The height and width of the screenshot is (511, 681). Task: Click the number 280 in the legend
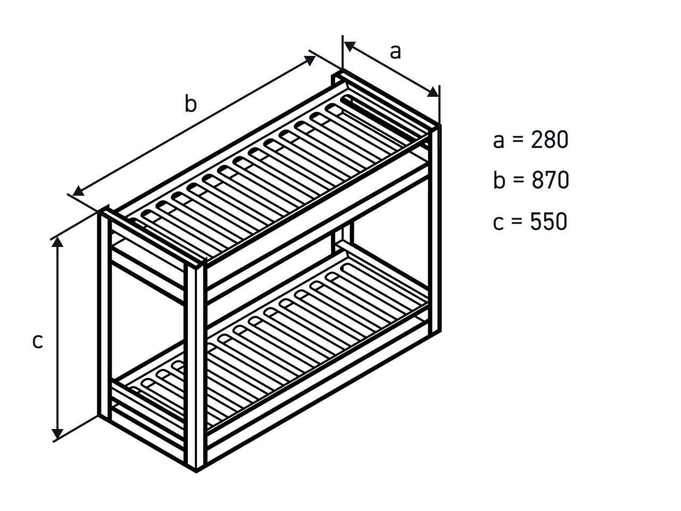click(x=550, y=139)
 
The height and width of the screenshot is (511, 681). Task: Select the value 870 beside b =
click(x=550, y=180)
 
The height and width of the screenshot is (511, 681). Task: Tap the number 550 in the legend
click(x=549, y=221)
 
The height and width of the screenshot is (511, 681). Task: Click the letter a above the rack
click(x=395, y=52)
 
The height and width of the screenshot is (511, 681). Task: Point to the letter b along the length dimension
click(x=190, y=103)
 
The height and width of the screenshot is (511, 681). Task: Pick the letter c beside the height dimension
click(x=38, y=342)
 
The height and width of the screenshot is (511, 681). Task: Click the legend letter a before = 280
click(x=499, y=142)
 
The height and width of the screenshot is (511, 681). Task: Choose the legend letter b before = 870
click(x=499, y=180)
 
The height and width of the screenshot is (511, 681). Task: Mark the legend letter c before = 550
click(x=499, y=224)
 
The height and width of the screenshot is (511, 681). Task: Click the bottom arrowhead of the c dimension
click(x=57, y=434)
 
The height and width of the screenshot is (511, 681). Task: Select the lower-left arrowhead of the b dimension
click(x=78, y=191)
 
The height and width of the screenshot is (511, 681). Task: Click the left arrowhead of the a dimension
click(x=349, y=46)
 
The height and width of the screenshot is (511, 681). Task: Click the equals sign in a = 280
click(x=518, y=139)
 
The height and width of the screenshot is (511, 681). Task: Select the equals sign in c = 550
click(x=517, y=222)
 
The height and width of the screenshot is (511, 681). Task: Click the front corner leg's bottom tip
click(x=196, y=472)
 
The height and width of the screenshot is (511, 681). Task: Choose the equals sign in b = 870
click(x=518, y=180)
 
